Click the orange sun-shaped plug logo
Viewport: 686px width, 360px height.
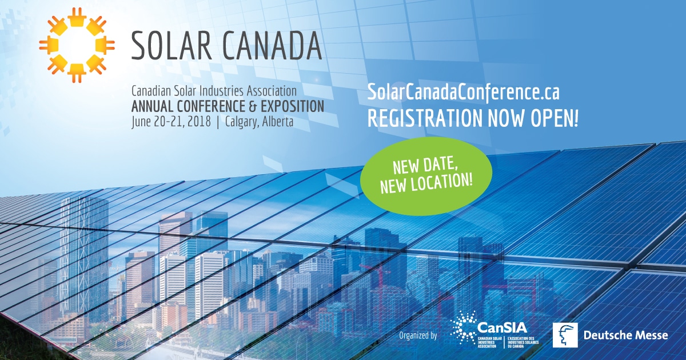77,45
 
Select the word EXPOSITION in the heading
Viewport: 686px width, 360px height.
292,106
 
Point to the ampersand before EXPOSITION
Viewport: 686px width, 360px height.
253,106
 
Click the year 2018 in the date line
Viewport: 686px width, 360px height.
199,122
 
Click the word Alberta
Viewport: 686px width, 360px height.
278,122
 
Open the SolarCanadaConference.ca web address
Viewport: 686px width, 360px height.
463,93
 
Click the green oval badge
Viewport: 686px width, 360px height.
426,177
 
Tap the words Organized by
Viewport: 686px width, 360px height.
418,335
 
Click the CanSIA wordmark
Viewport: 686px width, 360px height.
502,328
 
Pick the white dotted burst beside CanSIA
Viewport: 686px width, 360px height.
464,328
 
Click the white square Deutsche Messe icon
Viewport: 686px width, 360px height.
565,335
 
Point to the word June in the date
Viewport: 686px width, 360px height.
142,122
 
